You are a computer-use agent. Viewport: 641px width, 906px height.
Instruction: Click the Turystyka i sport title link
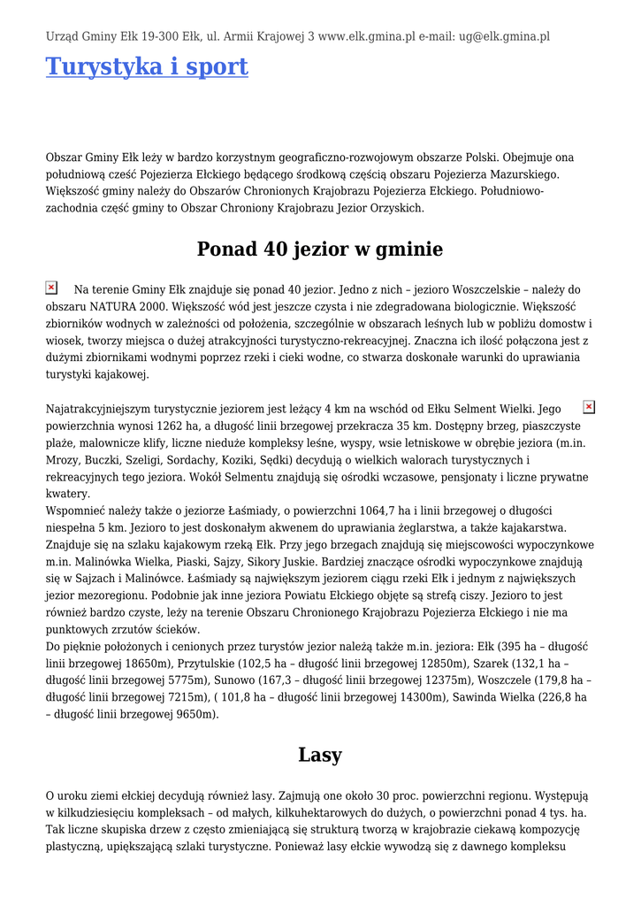tap(147, 66)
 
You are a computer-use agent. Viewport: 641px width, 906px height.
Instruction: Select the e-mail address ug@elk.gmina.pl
tap(504, 37)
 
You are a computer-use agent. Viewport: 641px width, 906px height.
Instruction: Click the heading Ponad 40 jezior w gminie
tap(320, 250)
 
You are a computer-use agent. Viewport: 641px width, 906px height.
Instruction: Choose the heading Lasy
tap(320, 755)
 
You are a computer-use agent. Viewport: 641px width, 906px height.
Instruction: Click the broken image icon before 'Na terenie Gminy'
tap(51, 288)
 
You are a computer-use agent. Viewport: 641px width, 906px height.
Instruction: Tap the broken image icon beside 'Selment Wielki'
tap(589, 407)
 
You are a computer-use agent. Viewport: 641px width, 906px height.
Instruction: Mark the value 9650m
tap(195, 714)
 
